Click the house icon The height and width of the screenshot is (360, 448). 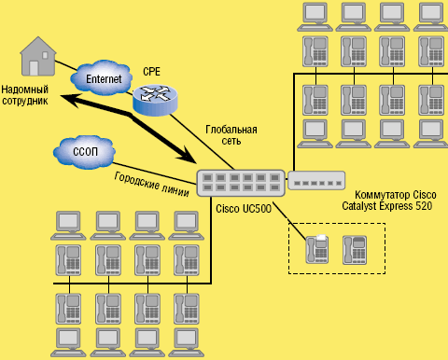[37, 59]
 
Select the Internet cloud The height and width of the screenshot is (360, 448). [103, 79]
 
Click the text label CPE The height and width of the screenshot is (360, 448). [151, 72]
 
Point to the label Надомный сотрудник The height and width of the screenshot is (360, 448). [26, 93]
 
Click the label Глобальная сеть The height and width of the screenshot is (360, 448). [230, 135]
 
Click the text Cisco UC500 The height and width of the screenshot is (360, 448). [244, 209]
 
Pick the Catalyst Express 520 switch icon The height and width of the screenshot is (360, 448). [315, 181]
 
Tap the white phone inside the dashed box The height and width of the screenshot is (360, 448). [318, 248]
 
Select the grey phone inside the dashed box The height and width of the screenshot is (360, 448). [355, 248]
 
